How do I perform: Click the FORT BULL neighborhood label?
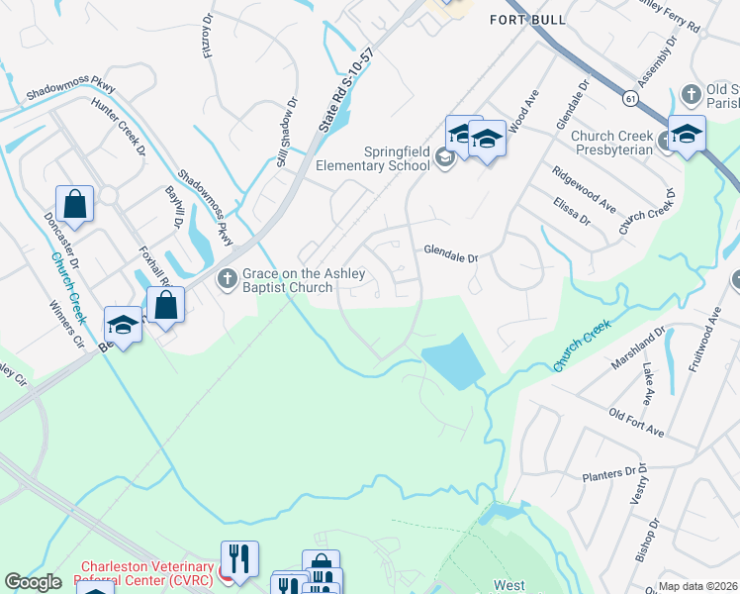[528, 20]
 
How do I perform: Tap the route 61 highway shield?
[629, 98]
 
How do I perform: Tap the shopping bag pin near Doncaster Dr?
[74, 204]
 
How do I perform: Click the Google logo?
[33, 582]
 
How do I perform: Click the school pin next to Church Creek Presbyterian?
[686, 135]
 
